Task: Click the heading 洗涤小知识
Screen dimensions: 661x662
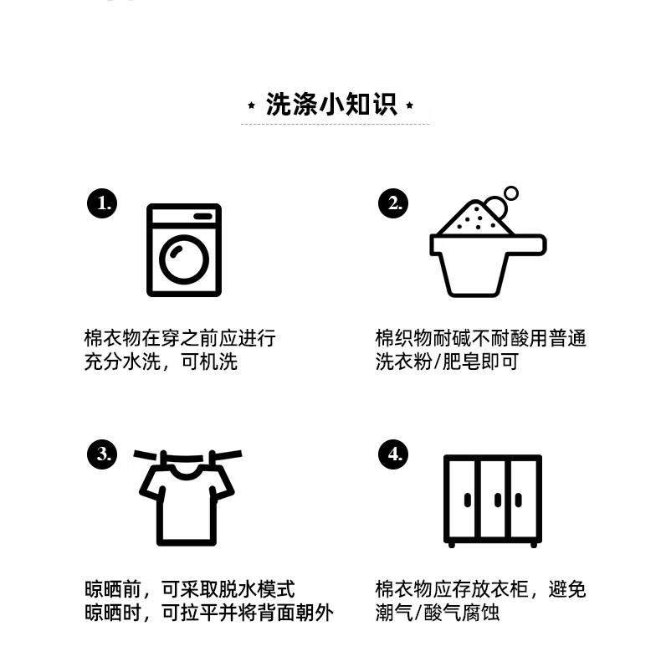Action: pos(331,104)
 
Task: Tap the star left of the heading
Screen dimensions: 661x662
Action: pos(252,105)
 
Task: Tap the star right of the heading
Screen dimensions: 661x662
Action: pos(409,105)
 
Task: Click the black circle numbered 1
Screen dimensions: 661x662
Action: pos(102,203)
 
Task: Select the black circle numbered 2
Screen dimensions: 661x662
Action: pos(393,203)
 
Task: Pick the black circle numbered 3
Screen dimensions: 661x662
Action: pos(102,454)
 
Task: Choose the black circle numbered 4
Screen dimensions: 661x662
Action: pos(393,454)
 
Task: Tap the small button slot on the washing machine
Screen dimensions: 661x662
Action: pos(203,216)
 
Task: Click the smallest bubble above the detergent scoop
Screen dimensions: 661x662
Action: pos(511,193)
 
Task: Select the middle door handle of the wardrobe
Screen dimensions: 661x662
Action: pos(498,500)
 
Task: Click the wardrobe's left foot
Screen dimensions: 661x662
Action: pos(452,545)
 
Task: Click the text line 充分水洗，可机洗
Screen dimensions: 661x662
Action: pos(161,362)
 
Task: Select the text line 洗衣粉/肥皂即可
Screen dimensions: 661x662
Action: pos(447,362)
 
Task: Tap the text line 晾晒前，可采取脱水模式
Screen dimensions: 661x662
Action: pos(190,589)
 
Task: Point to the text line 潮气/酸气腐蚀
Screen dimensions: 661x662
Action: pos(438,613)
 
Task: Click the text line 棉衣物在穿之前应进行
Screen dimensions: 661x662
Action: pos(180,339)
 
